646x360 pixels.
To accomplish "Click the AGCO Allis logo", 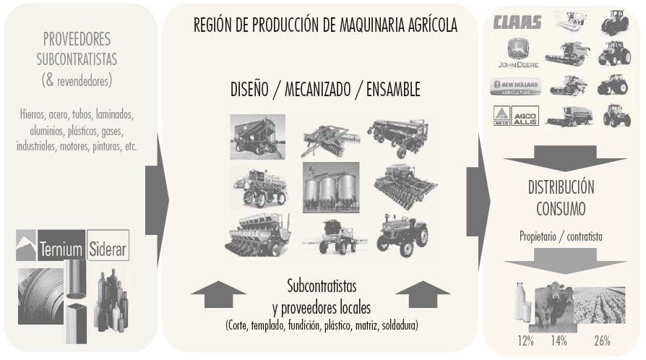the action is [x=517, y=116].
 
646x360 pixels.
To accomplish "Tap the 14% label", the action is [x=559, y=340].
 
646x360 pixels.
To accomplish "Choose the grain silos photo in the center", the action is [x=331, y=187].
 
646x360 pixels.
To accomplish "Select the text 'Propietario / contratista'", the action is [x=560, y=236].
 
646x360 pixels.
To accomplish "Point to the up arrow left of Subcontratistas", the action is [x=220, y=296].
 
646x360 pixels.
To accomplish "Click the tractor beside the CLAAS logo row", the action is [x=615, y=22].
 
